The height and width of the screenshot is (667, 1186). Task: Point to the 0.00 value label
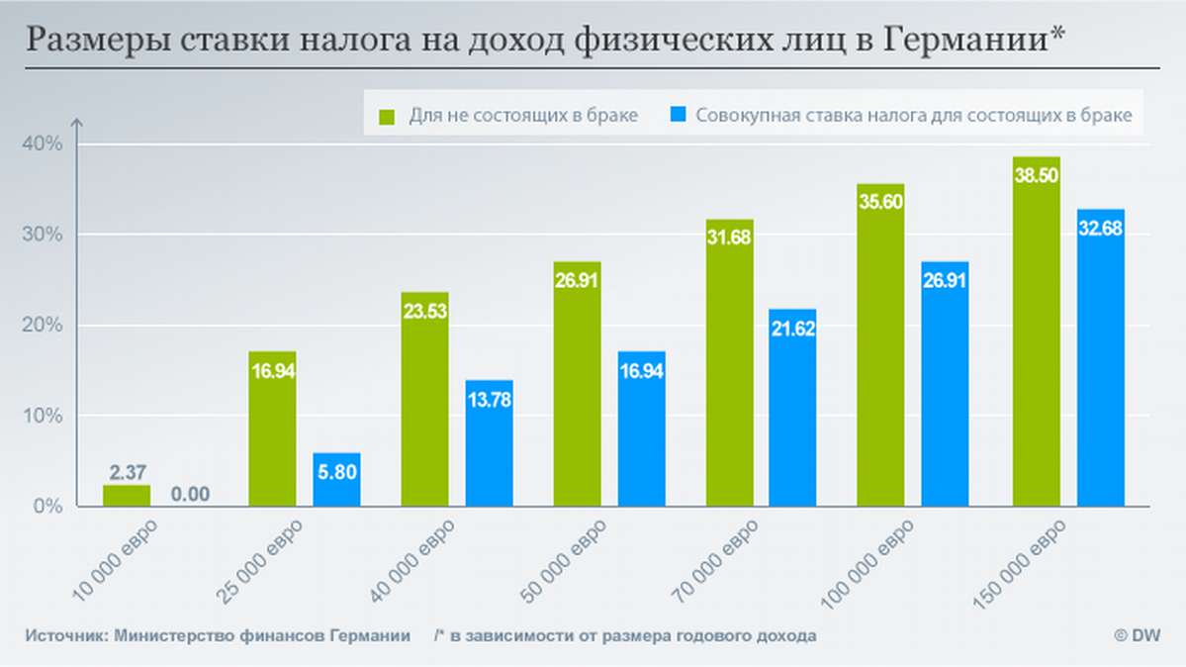[x=191, y=492]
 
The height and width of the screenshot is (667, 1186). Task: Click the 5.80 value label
[x=337, y=474]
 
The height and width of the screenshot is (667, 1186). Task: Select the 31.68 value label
[x=729, y=237]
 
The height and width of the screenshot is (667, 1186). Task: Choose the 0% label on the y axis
[x=47, y=507]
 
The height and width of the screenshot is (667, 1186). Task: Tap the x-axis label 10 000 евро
[x=117, y=560]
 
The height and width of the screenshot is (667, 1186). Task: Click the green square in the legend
[x=387, y=115]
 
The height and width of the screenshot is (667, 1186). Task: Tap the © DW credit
[x=1138, y=635]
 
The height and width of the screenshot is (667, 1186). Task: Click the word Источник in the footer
[x=65, y=635]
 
